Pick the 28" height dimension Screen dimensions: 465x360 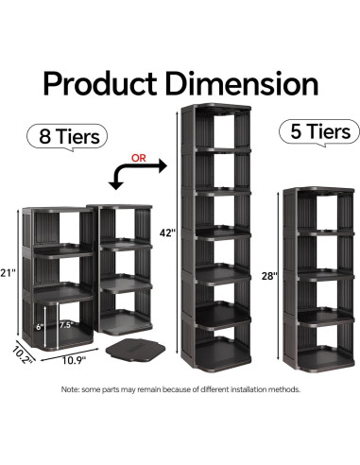(268, 277)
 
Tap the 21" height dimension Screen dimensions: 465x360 (9, 272)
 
